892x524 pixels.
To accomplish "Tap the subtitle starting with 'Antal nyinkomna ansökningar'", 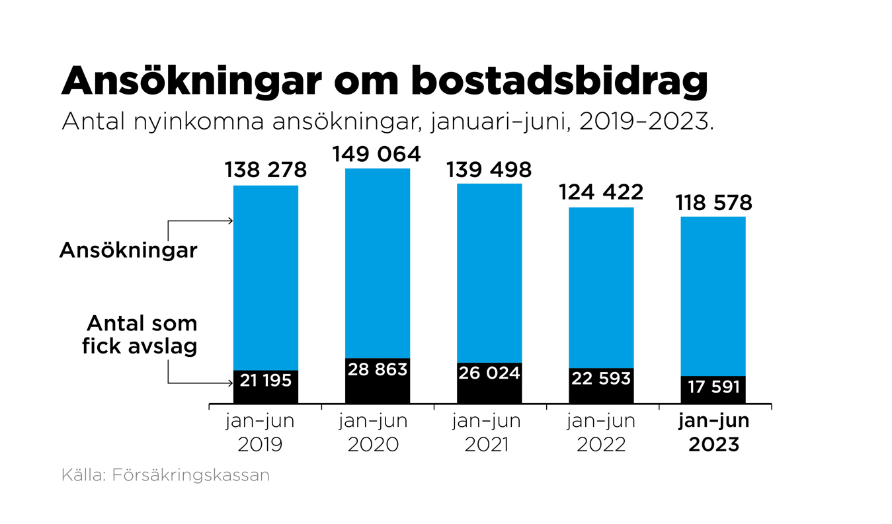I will coord(387,122).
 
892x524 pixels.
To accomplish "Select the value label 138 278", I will coord(265,170).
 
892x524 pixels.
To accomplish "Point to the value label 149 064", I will coord(377,154).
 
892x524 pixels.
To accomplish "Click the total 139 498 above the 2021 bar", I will coord(489,170).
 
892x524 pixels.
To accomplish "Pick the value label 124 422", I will coord(601,193).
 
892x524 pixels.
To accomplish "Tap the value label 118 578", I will coord(713,203).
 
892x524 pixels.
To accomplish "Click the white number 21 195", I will coord(265,380).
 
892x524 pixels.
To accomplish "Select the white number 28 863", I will coord(377,369).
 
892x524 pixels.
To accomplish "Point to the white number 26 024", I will coord(489,373).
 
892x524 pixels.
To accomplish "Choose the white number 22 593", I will coord(601,379).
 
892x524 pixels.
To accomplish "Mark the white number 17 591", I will coord(713,387).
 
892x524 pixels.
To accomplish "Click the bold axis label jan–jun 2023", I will coord(714,433).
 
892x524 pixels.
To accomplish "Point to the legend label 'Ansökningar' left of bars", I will coord(128,250).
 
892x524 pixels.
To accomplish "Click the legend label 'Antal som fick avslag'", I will coord(140,334).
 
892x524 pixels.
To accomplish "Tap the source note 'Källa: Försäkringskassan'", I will coord(165,475).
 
